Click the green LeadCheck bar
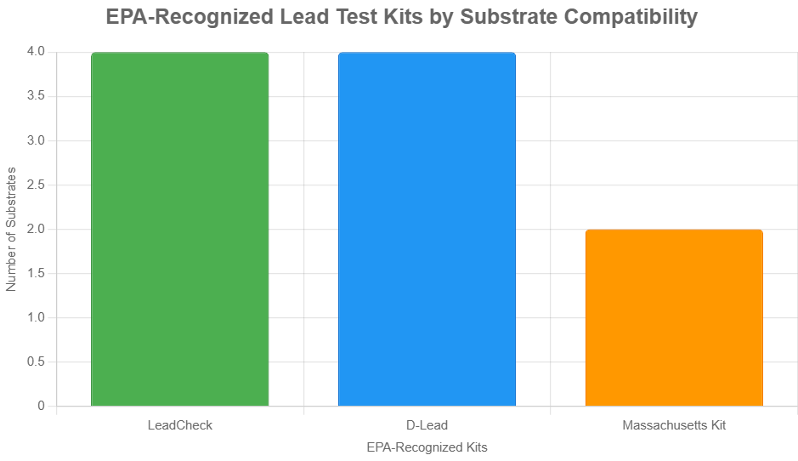pos(180,230)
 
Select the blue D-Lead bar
pos(427,230)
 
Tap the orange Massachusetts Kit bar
pos(674,318)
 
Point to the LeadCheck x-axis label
pos(180,425)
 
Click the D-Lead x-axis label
pos(427,425)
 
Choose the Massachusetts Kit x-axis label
pos(674,425)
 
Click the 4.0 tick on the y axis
pos(36,52)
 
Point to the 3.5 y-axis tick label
pos(36,96)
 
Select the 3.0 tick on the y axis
pos(36,140)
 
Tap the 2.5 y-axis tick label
pos(36,185)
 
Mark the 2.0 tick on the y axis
pos(36,229)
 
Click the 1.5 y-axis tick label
pos(36,273)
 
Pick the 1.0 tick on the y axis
pos(36,317)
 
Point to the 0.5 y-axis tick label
pos(36,361)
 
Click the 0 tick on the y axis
pos(41,406)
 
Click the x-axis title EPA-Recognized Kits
pos(427,447)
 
